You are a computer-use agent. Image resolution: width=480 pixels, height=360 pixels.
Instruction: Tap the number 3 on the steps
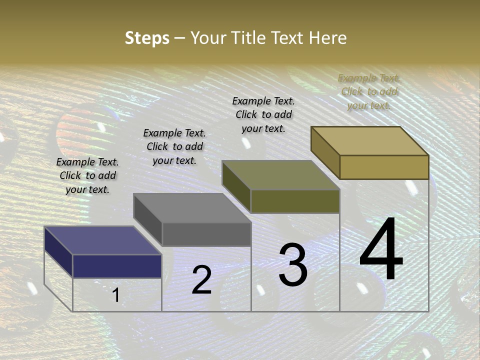coord(293,264)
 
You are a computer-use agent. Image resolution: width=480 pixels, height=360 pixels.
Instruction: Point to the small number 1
coord(115,295)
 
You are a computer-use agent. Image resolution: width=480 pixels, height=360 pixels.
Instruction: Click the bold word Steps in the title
coord(147,38)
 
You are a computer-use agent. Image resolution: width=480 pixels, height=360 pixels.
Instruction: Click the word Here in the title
coord(327,38)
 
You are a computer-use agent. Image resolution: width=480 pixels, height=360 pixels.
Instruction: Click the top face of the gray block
coord(192,208)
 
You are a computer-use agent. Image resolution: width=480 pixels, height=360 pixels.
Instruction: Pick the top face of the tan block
coord(370,141)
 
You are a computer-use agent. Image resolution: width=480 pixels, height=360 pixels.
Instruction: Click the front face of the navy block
coord(117,266)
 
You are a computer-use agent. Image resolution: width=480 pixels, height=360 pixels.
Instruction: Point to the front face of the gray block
coord(206,234)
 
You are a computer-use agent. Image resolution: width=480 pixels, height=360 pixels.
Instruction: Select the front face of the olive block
coord(295,201)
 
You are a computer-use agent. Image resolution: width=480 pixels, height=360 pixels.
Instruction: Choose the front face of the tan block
coord(384,167)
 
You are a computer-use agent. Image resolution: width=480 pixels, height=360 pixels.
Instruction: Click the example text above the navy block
coord(87,175)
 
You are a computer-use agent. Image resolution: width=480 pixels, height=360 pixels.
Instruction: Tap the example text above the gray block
coord(174,146)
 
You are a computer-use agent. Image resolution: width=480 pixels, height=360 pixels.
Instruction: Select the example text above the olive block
coord(263,114)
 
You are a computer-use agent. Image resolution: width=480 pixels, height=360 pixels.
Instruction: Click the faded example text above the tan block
coord(369,91)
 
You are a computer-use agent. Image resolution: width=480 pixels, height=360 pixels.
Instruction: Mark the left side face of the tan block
coord(325,152)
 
